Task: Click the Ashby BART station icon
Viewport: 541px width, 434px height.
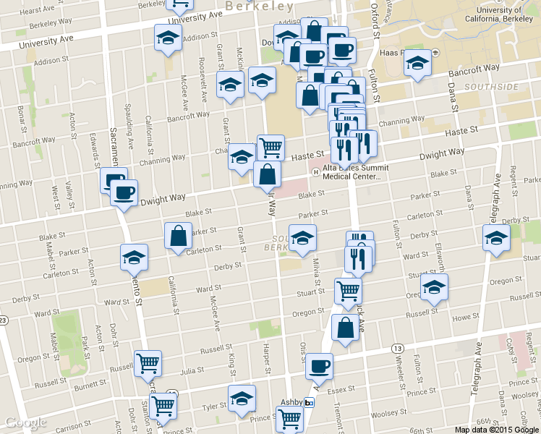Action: pyautogui.click(x=310, y=403)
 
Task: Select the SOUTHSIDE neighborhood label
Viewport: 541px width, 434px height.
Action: pyautogui.click(x=493, y=87)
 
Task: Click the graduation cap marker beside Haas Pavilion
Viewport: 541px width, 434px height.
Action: pyautogui.click(x=417, y=64)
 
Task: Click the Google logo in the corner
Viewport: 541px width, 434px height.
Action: pyautogui.click(x=25, y=422)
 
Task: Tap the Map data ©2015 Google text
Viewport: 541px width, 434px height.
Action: pyautogui.click(x=496, y=429)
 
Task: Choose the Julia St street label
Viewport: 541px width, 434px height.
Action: pyautogui.click(x=192, y=370)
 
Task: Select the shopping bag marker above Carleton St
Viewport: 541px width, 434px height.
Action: pyautogui.click(x=179, y=236)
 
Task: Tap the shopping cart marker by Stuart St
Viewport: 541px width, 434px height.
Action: pyautogui.click(x=349, y=291)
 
